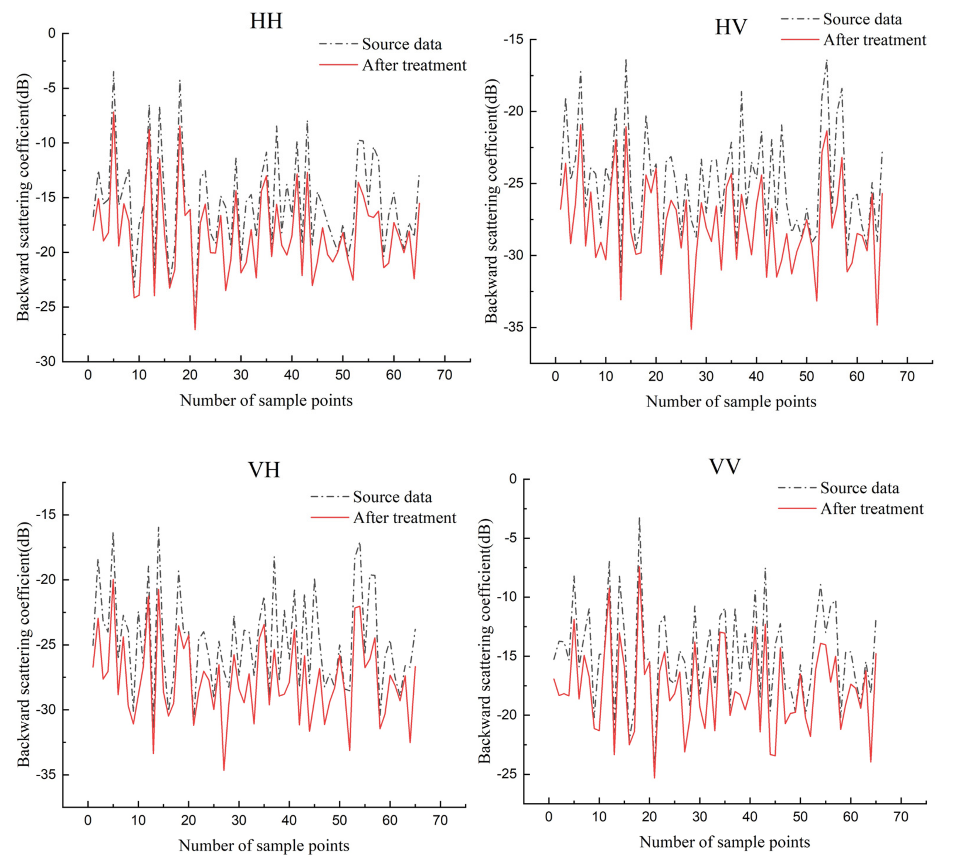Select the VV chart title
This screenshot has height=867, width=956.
coord(725,467)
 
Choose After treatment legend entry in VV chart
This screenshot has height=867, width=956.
coord(872,509)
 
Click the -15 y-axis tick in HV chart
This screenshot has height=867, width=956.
coord(514,39)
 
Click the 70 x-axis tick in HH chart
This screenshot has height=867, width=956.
coord(444,376)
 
